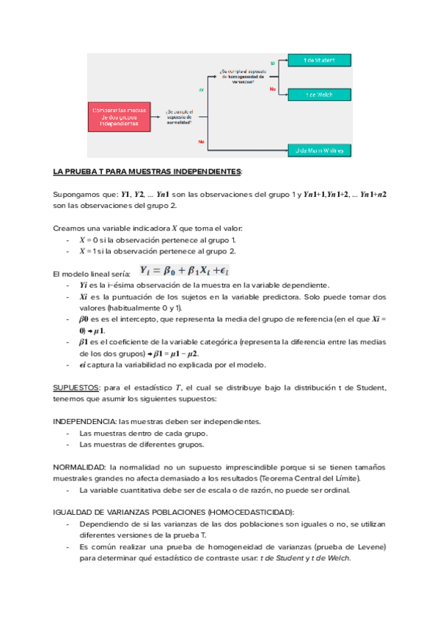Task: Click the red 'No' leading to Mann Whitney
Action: point(201,141)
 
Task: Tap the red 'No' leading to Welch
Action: point(272,89)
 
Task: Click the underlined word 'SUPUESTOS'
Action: point(76,387)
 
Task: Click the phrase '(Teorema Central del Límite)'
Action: point(290,478)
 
